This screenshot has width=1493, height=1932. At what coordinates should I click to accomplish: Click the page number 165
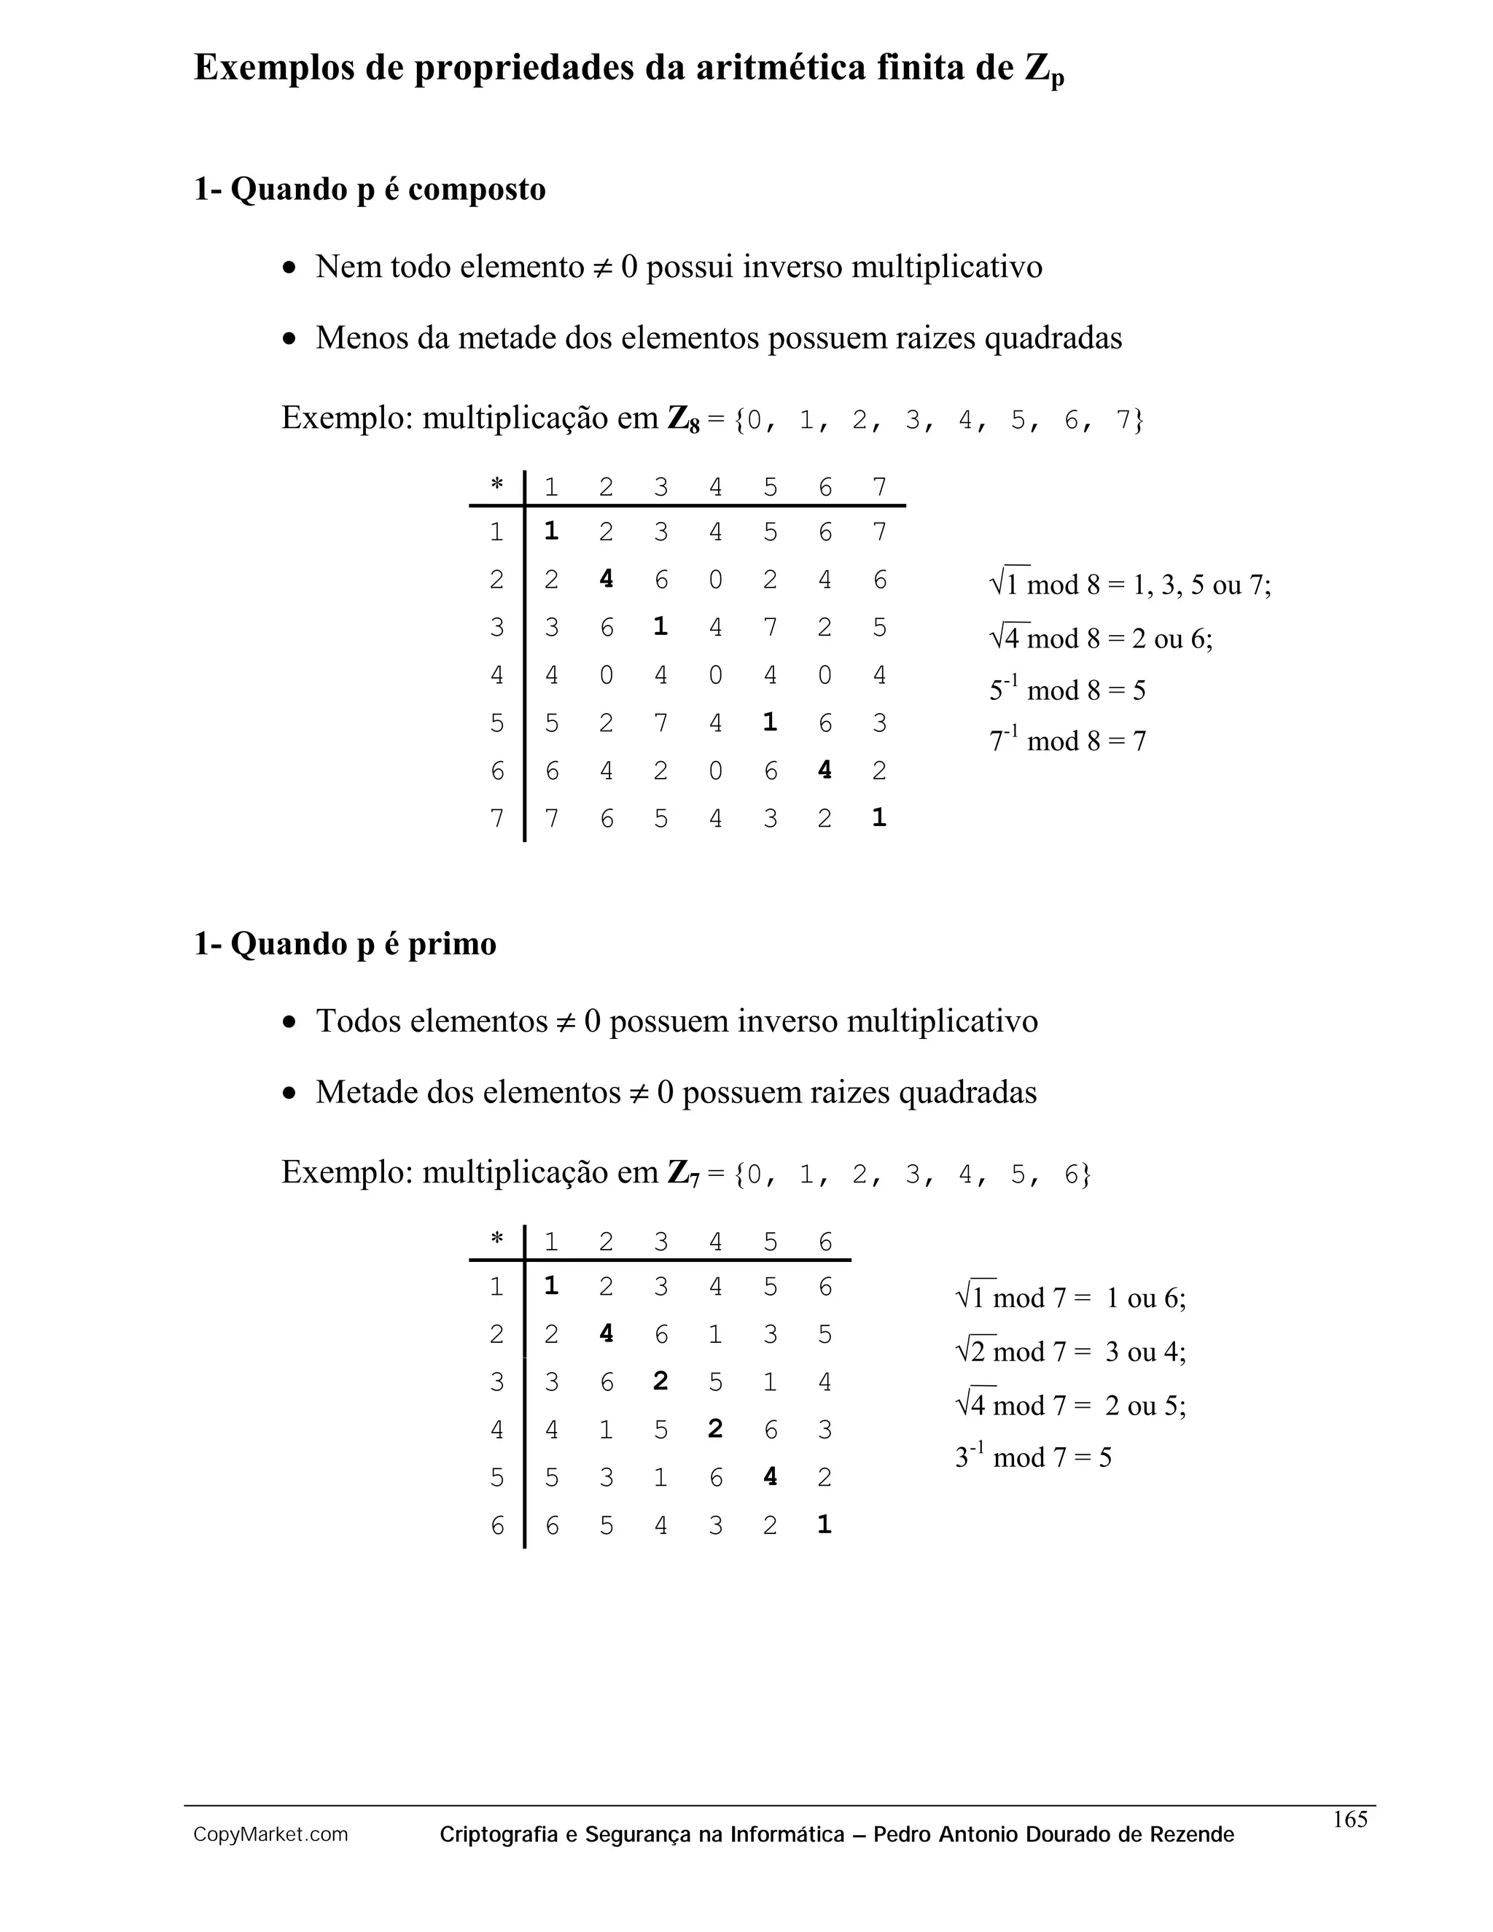[1349, 1819]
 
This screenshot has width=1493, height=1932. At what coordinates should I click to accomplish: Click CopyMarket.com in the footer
[270, 1835]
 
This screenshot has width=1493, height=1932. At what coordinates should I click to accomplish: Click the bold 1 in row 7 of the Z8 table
[878, 817]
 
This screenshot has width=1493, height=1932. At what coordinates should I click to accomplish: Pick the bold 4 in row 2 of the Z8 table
[606, 579]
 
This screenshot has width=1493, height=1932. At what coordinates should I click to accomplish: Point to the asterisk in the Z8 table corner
[497, 485]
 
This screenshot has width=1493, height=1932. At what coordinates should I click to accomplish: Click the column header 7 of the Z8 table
[879, 486]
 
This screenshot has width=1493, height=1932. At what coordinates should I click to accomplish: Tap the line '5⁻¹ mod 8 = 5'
[1067, 689]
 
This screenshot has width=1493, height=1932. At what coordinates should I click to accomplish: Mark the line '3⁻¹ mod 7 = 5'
[1032, 1456]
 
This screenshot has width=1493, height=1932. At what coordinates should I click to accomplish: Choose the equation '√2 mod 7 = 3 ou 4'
[1070, 1352]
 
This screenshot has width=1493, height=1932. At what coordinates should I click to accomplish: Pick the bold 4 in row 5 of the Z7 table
[770, 1476]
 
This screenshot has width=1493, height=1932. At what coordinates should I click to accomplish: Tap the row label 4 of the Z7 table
[497, 1430]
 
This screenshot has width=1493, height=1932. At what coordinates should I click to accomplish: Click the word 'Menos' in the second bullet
[362, 338]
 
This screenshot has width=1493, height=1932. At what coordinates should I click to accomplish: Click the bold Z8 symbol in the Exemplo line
[683, 418]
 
